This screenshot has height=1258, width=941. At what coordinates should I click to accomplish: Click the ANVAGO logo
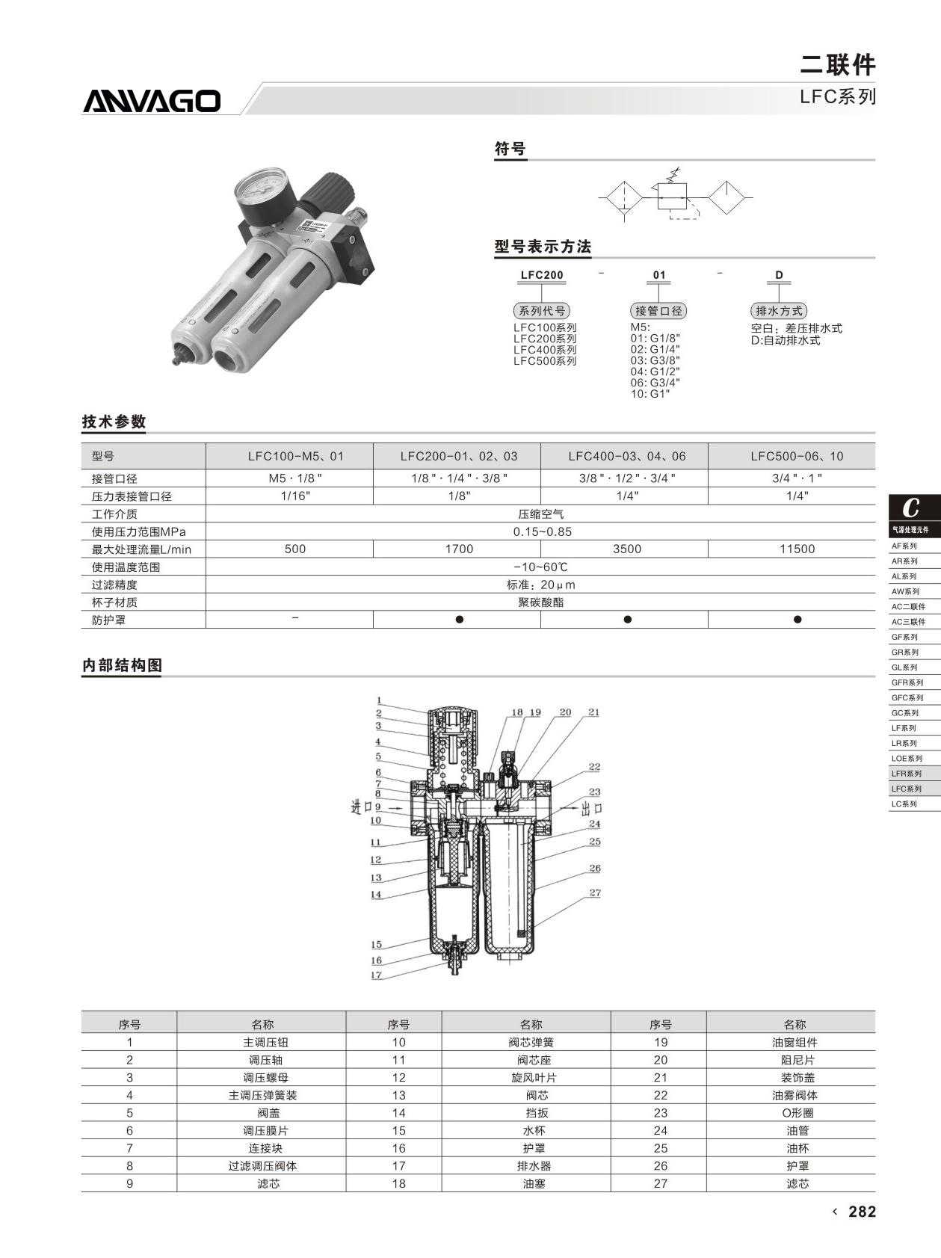(152, 101)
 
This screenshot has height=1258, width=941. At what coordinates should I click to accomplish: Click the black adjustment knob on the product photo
(324, 192)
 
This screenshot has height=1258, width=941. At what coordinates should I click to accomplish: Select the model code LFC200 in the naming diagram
(542, 275)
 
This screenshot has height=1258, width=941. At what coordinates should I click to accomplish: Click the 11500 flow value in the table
(797, 549)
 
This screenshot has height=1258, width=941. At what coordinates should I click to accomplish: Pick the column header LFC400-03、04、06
(626, 456)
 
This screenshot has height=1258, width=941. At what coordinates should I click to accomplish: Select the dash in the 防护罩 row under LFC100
(295, 618)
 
